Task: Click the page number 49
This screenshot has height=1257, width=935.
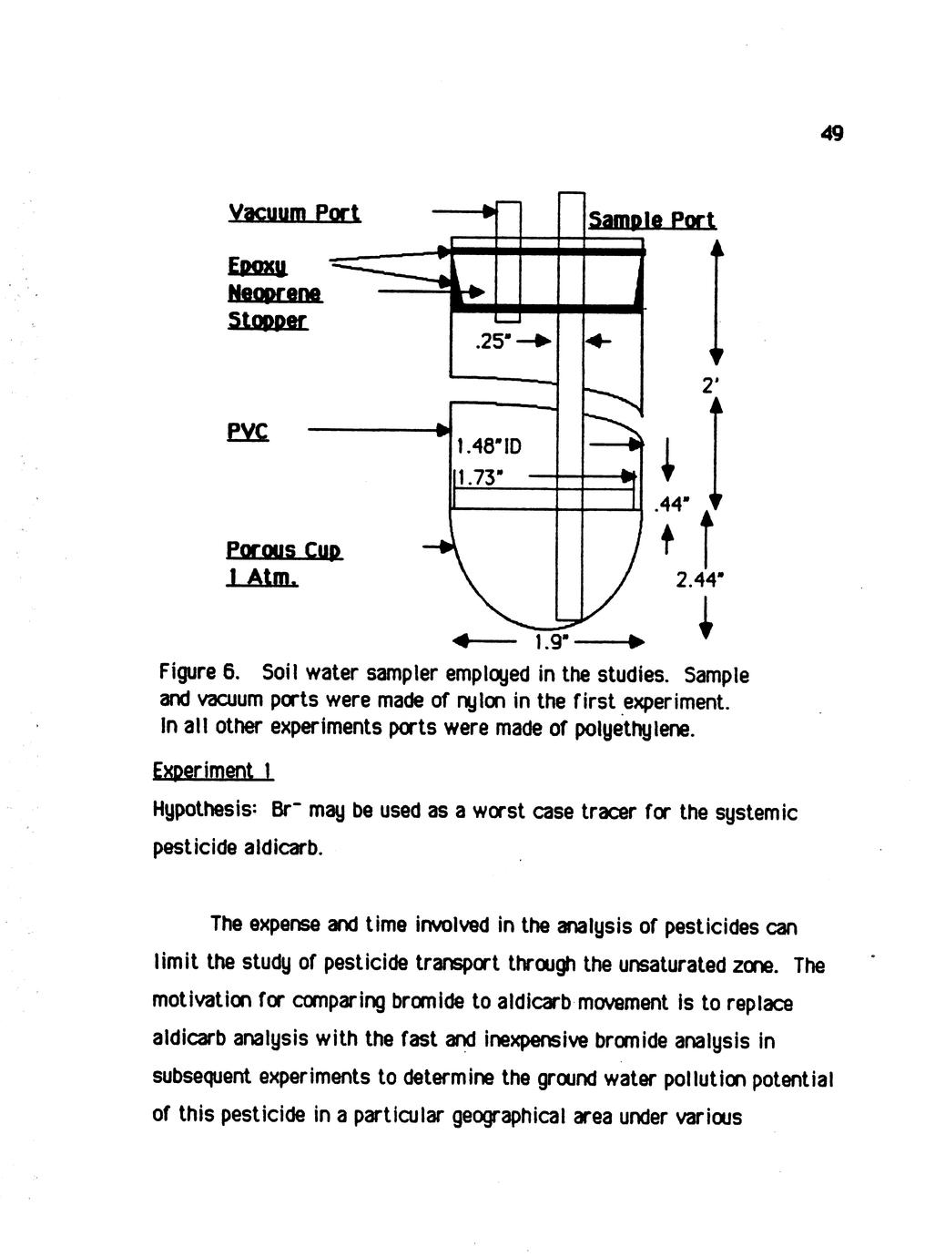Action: [x=831, y=134]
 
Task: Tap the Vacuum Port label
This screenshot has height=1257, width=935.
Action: [x=294, y=213]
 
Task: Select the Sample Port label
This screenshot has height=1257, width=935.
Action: [x=652, y=220]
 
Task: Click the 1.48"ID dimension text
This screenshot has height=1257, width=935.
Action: [x=489, y=446]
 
